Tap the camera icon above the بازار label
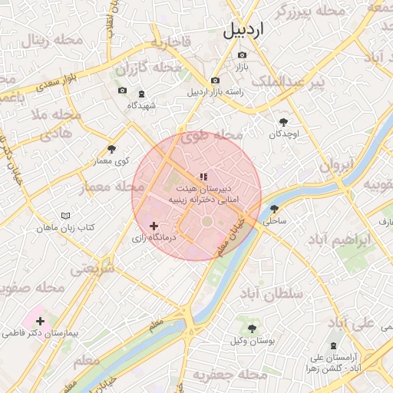(243, 55)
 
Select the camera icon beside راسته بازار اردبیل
(215, 81)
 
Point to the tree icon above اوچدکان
(284, 122)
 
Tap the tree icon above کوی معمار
(112, 149)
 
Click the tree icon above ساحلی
(274, 209)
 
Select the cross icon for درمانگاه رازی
(154, 226)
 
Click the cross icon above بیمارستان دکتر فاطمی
(40, 321)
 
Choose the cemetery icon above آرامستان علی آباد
(333, 346)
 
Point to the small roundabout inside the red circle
(207, 223)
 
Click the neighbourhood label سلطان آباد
(272, 294)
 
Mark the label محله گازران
(154, 68)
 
